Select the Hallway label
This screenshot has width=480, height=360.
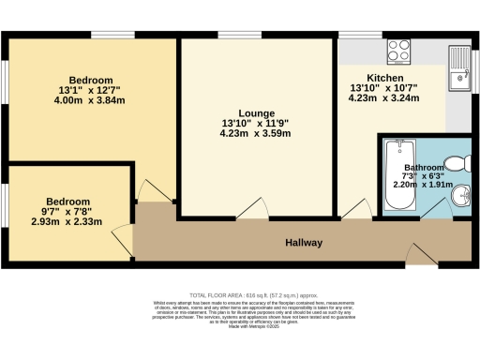(x=305, y=243)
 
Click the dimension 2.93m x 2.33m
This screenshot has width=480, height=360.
(x=68, y=222)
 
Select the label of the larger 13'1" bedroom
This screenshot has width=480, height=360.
(x=91, y=80)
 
